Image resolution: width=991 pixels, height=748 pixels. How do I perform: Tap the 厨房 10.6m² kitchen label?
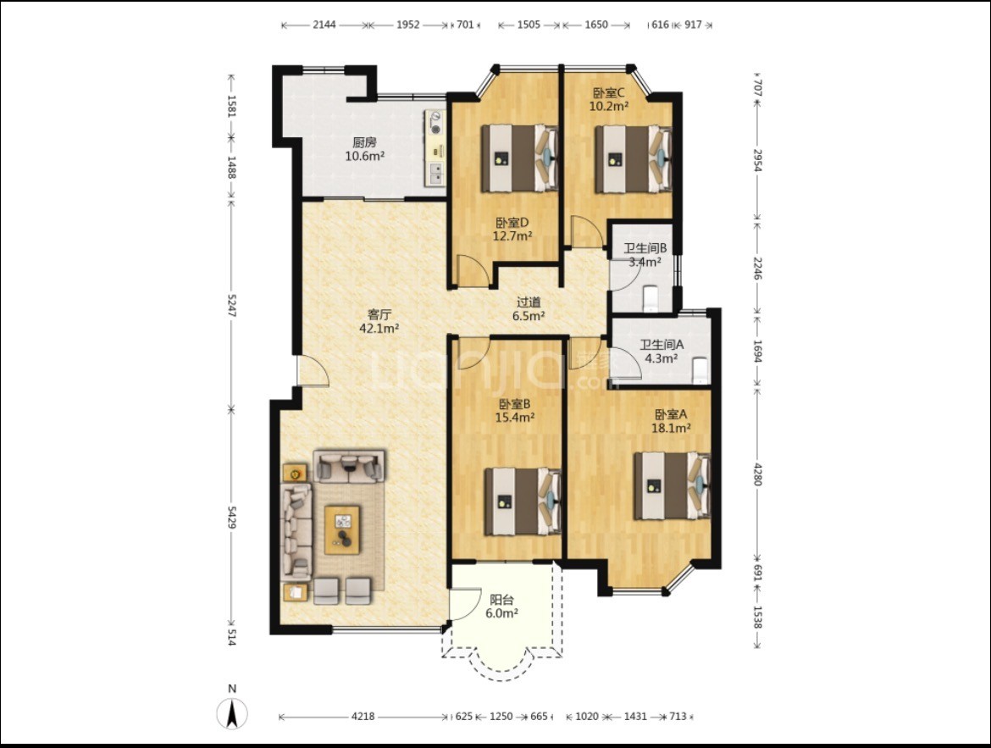tap(365, 149)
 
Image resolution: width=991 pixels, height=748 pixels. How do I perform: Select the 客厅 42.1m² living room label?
tap(379, 321)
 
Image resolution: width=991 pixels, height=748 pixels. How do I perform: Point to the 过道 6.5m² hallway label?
tap(529, 309)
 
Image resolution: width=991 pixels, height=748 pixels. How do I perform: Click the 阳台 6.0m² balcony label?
tap(501, 607)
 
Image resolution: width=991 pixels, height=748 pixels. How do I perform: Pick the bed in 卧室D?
tap(519, 158)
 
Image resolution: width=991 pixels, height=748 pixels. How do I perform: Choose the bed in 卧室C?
tap(633, 159)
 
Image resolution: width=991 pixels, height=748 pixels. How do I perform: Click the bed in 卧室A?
tap(672, 485)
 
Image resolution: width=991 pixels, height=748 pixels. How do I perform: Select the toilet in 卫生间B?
tap(651, 299)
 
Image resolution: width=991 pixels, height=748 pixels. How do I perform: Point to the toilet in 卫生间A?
tap(699, 370)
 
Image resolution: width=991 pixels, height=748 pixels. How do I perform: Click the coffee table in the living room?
tap(342, 529)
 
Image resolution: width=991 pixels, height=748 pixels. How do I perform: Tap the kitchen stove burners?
tap(435, 124)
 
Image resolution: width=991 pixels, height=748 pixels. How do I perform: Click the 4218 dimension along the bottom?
tap(363, 717)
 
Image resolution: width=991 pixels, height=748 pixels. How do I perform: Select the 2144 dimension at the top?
tap(324, 25)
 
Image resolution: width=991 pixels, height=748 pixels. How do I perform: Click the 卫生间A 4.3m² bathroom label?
tap(661, 352)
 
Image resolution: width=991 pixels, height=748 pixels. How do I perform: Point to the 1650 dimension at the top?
tap(596, 25)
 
